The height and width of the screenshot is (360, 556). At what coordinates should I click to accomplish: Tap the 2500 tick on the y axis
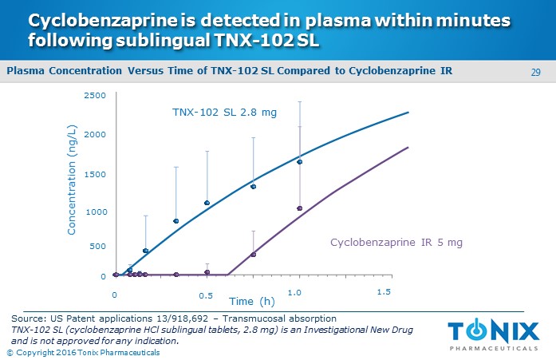pos(95,96)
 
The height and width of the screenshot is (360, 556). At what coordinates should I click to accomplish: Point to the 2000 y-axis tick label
pos(95,134)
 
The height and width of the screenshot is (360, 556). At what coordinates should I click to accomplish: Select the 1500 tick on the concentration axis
pos(95,173)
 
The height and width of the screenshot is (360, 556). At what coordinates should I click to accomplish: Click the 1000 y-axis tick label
pos(95,212)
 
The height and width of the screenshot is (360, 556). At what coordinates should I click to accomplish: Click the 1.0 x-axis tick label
pos(295,294)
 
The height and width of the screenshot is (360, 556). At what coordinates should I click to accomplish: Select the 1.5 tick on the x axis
pos(384,293)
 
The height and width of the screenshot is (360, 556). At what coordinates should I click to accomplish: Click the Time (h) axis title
pos(252,301)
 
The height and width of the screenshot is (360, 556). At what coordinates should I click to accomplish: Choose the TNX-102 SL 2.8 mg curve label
pos(225,112)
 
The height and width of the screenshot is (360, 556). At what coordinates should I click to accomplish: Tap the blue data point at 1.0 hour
pos(300,162)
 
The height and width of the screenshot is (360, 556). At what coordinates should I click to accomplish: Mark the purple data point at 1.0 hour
pos(300,208)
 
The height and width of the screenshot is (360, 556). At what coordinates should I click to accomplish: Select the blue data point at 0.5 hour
pos(207,203)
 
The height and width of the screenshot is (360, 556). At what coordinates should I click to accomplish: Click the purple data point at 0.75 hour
pos(254,255)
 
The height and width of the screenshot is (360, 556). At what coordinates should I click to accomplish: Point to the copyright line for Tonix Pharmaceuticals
pos(83,352)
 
